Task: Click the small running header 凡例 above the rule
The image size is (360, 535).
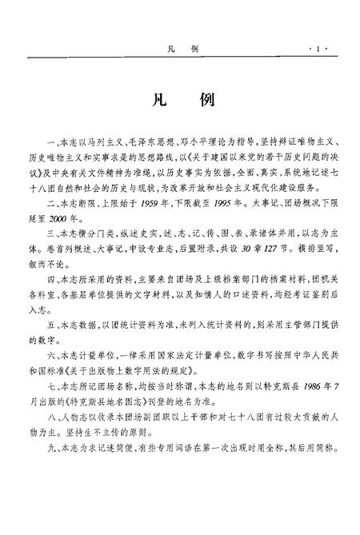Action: point(179,50)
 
